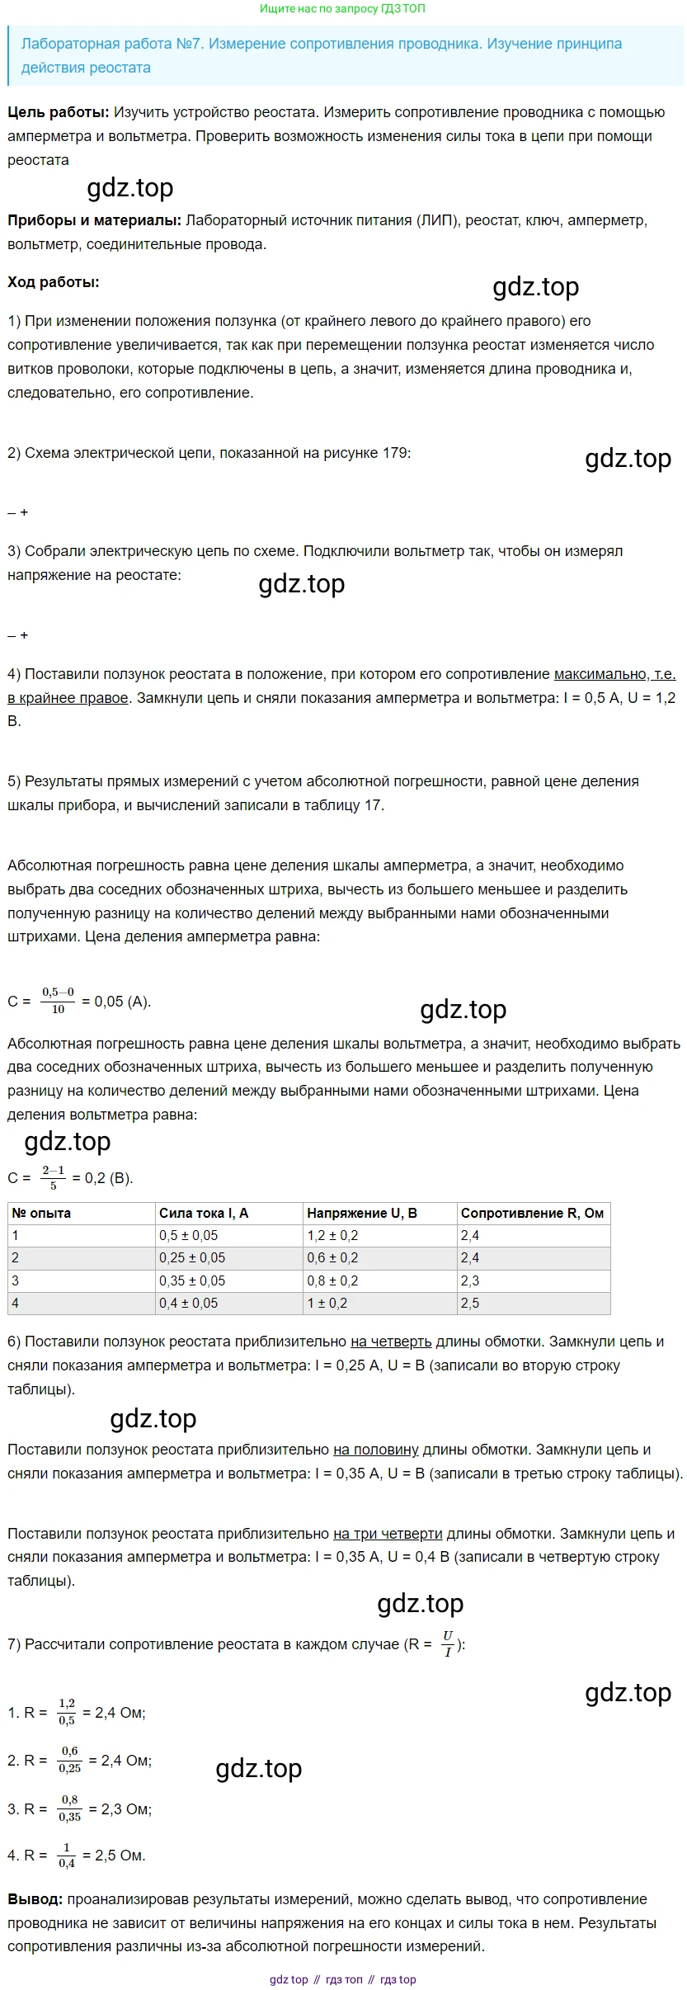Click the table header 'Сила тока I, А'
click(x=203, y=1213)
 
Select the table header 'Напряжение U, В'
click(x=361, y=1213)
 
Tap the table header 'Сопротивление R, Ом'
click(x=532, y=1213)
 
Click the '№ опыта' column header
click(x=41, y=1213)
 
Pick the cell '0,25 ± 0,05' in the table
click(x=191, y=1257)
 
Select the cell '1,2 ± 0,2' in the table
click(x=332, y=1235)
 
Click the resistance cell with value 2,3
click(x=470, y=1280)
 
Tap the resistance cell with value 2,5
click(x=470, y=1303)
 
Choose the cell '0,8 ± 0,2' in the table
click(x=332, y=1280)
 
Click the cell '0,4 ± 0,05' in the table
click(x=188, y=1303)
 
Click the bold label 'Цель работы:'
click(x=58, y=112)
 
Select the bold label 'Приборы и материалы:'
click(x=94, y=220)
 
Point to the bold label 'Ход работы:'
click(x=53, y=282)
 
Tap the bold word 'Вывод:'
click(x=35, y=1899)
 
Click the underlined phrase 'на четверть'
click(x=391, y=1342)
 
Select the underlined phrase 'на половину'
click(x=375, y=1450)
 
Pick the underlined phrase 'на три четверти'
click(x=388, y=1534)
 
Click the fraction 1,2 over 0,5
click(x=67, y=1712)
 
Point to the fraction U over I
click(x=448, y=1643)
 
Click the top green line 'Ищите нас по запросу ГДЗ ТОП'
click(x=342, y=9)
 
